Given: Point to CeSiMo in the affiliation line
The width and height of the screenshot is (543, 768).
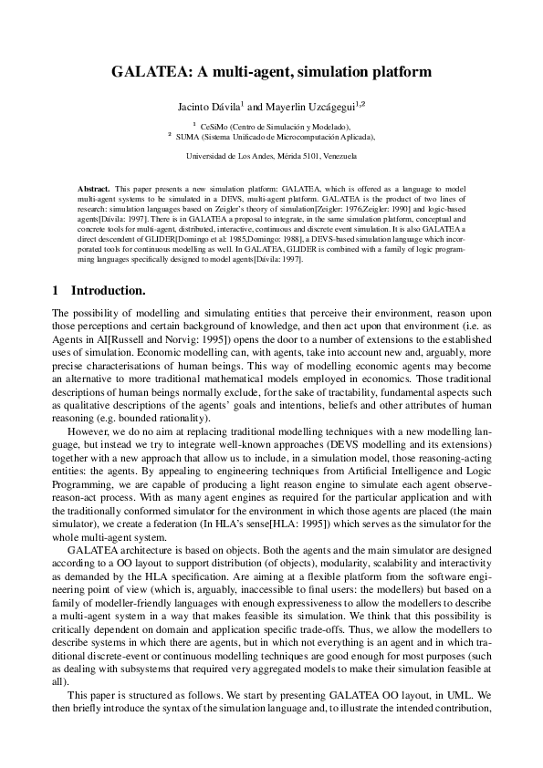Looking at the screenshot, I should pyautogui.click(x=216, y=127).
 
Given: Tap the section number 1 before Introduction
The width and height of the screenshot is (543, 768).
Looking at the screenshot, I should pyautogui.click(x=56, y=291).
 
